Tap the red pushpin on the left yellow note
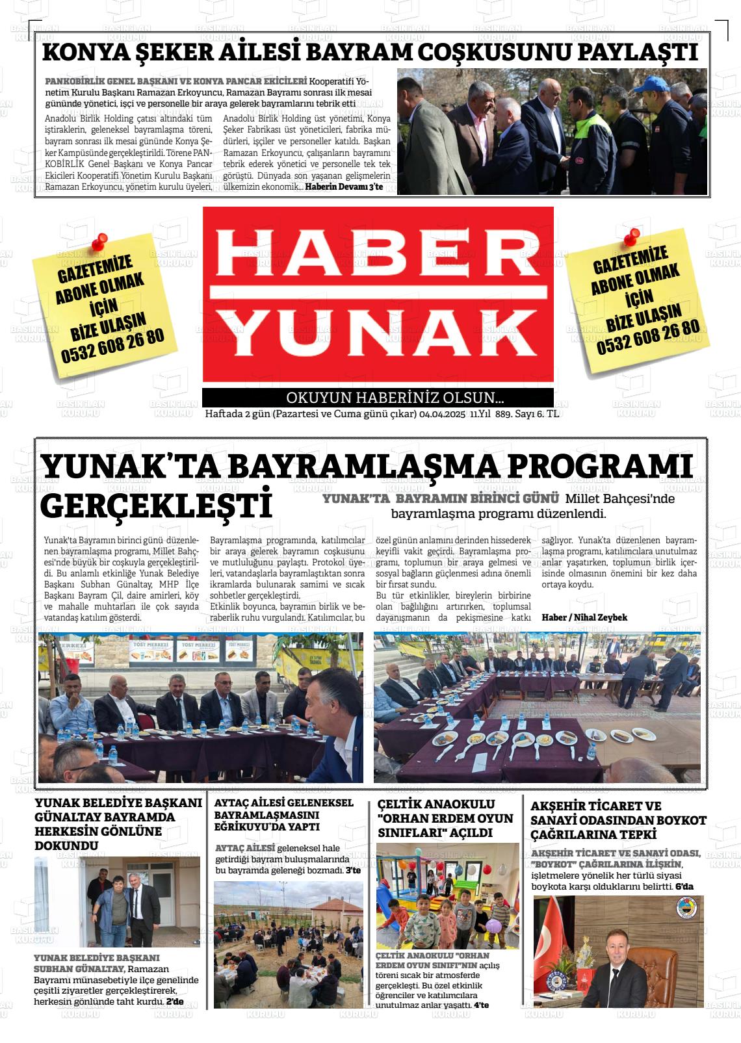point(99,242)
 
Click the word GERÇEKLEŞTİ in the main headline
point(157,505)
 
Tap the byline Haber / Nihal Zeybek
point(584,617)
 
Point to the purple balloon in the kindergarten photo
point(492,923)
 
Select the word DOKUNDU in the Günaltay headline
point(66,845)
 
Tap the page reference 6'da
point(684,886)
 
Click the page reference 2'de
point(175,1002)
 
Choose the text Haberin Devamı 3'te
point(344,187)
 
